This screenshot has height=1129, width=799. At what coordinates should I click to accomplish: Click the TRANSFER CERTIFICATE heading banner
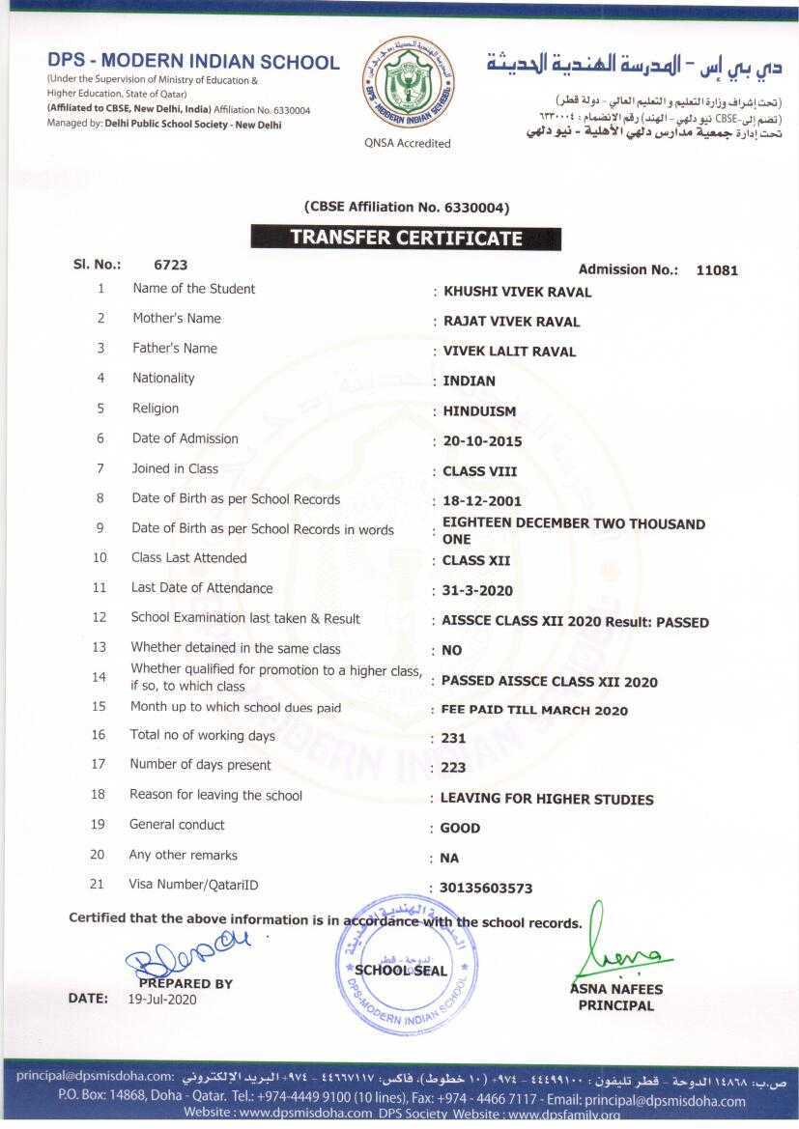tap(406, 238)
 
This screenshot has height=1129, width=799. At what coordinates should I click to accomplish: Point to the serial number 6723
tap(170, 264)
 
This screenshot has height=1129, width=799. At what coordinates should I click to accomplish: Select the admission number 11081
tap(717, 270)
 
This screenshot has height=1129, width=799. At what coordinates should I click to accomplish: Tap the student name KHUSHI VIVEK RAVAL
tap(517, 292)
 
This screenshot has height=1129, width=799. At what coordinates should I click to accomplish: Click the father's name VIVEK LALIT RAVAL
tap(509, 352)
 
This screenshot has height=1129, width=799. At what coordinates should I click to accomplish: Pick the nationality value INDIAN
tap(469, 381)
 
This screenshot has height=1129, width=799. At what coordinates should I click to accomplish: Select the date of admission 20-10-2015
tap(482, 441)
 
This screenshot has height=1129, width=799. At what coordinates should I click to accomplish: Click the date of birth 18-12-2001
tap(481, 501)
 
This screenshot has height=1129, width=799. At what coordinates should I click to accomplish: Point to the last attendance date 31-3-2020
tap(477, 590)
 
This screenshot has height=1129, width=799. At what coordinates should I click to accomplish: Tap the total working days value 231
tap(453, 739)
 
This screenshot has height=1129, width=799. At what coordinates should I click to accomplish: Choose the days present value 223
tap(453, 768)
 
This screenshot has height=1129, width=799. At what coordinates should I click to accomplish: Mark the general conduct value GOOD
tap(460, 828)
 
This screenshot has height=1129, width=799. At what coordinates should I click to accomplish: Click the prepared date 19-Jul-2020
tap(162, 1000)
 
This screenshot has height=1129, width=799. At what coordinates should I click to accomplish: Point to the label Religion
tap(156, 409)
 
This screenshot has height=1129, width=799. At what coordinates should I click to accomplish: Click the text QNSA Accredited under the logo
tap(408, 143)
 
